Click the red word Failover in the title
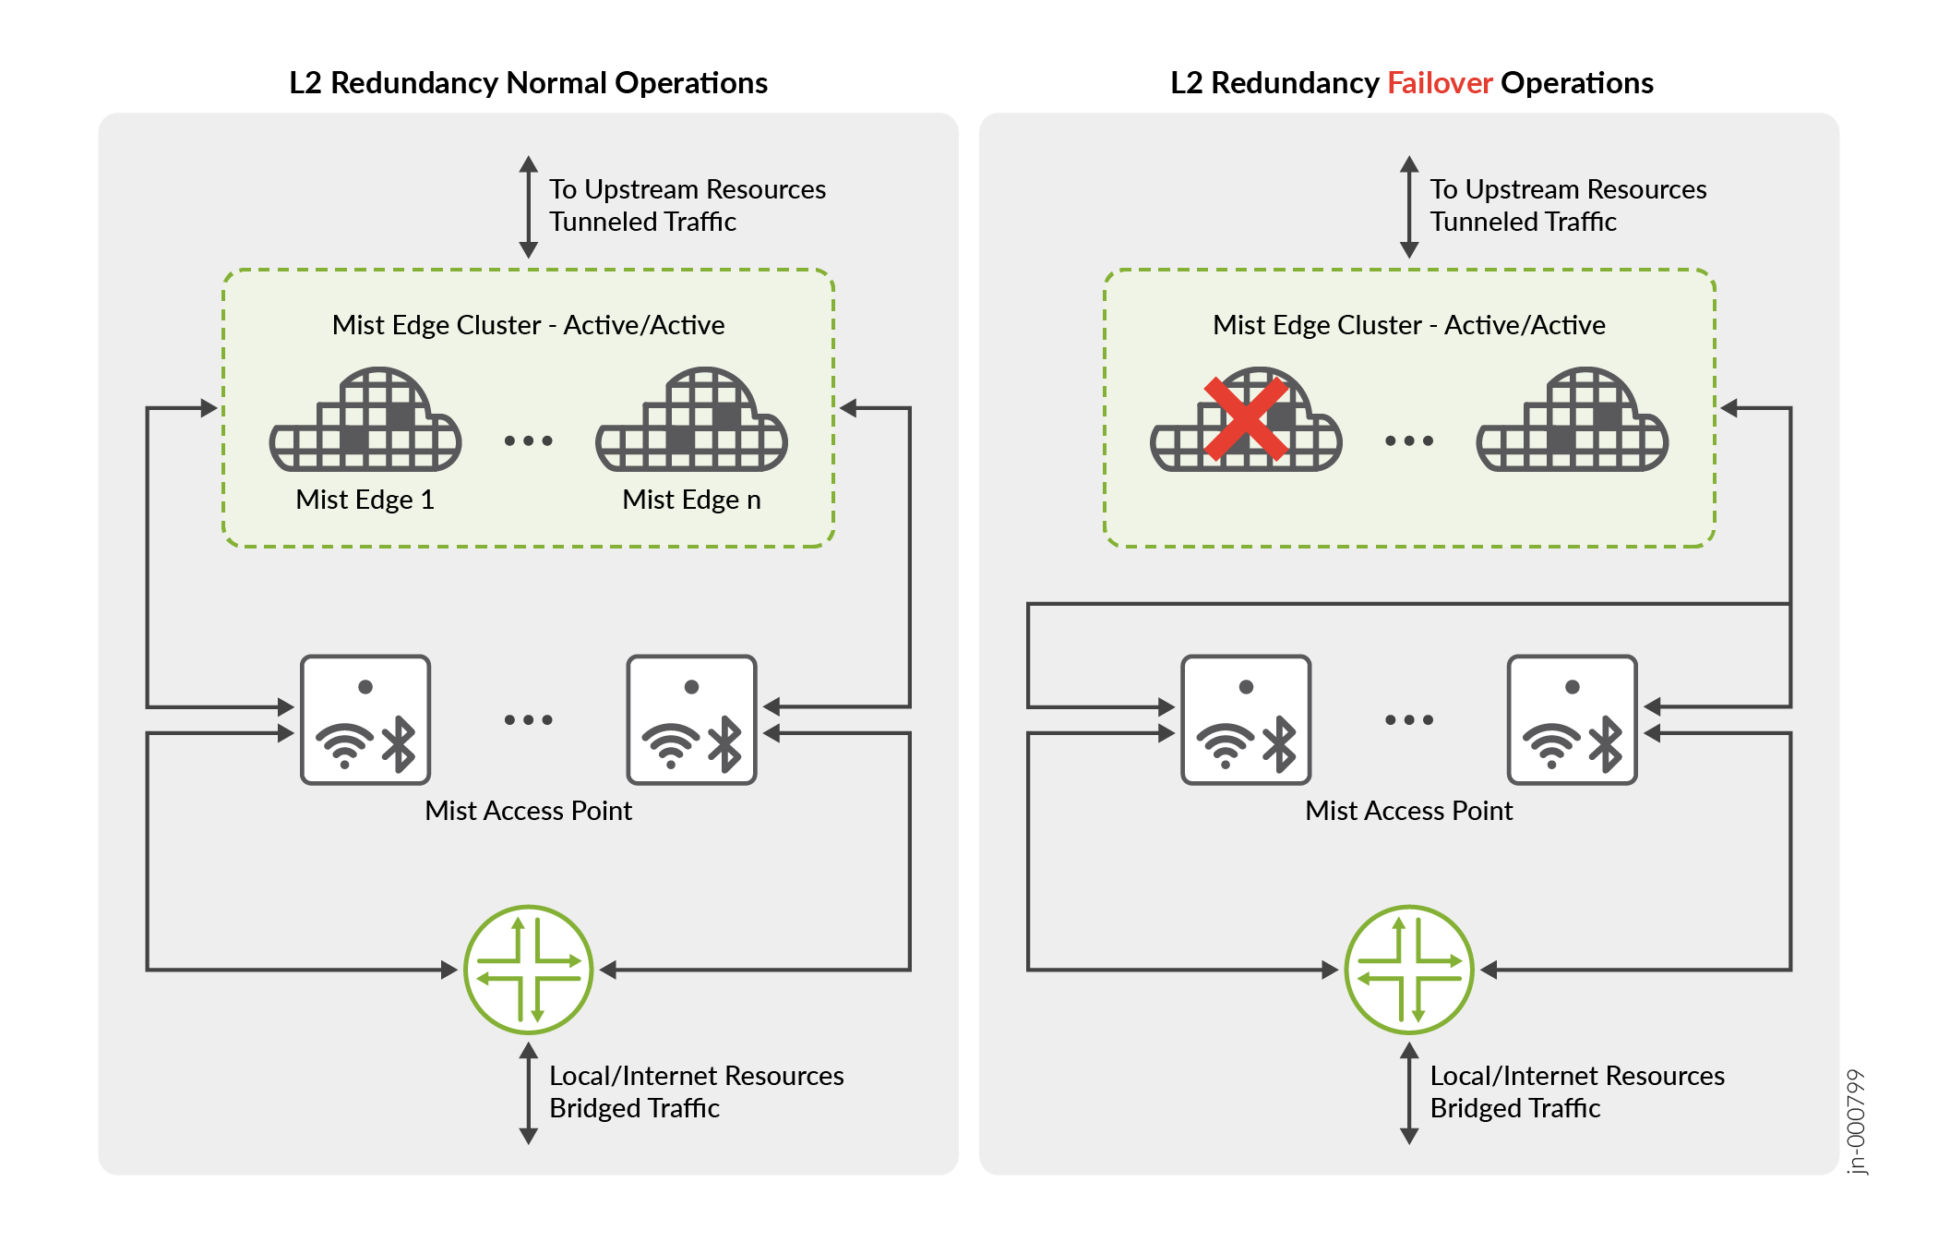[x=1439, y=83]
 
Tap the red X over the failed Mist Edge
[x=1245, y=418]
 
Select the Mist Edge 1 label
[x=365, y=500]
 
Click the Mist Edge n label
[x=691, y=500]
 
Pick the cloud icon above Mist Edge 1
[x=365, y=421]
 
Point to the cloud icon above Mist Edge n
[x=691, y=421]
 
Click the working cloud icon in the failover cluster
[x=1572, y=421]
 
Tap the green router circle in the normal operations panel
[x=528, y=969]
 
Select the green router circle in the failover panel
[x=1408, y=969]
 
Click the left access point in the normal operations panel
[x=365, y=719]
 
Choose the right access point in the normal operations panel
[x=691, y=719]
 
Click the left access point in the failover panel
[x=1246, y=719]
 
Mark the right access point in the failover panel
[x=1572, y=719]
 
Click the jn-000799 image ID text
[x=1856, y=1121]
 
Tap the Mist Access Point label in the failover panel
[x=1408, y=811]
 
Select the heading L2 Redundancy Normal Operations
[x=528, y=83]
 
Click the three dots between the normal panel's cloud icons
[x=528, y=440]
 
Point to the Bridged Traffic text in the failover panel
[x=1514, y=1108]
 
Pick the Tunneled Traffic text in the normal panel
[x=642, y=222]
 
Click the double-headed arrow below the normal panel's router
[x=528, y=1093]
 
